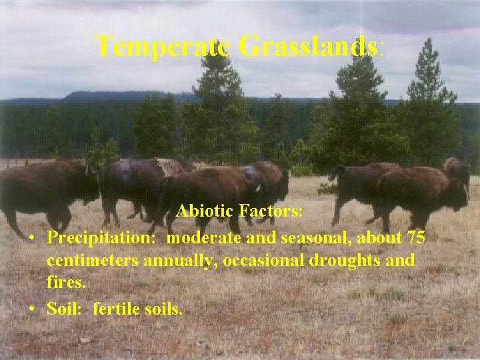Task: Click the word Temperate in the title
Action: point(163,47)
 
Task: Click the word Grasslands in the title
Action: point(307,47)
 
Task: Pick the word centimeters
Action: point(93,260)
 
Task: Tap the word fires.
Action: point(66,283)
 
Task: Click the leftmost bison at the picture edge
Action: point(40,190)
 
